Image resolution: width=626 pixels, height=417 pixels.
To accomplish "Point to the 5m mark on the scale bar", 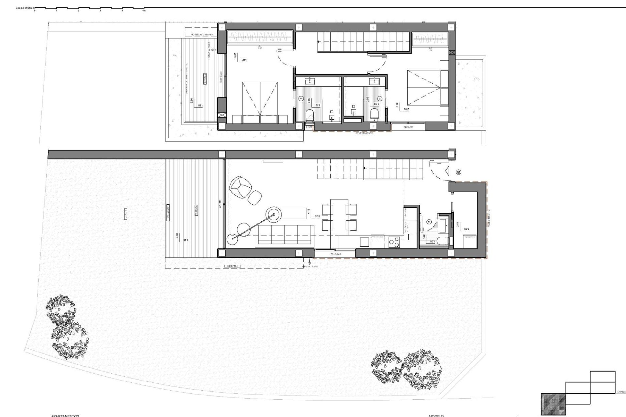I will pos(144,10).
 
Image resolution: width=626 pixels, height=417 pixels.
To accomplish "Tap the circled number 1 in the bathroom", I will pos(301,98).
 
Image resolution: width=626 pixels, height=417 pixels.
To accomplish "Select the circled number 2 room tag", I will pos(380,98).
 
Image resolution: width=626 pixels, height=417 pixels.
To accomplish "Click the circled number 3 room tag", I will pos(429,222).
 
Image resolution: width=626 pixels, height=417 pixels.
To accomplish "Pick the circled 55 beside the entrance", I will pos(459,172).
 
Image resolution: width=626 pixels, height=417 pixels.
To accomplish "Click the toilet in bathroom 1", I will pos(309,115).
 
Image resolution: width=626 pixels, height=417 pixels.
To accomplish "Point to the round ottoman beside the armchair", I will pos(255,197).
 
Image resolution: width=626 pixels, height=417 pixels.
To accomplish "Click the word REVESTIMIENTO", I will pos(365,133).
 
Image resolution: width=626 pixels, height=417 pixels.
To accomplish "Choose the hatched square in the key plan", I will pos(553,404).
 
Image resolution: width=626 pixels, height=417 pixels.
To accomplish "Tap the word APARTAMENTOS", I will pos(65,416).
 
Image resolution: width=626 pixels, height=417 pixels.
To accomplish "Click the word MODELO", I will pos(436,416).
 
